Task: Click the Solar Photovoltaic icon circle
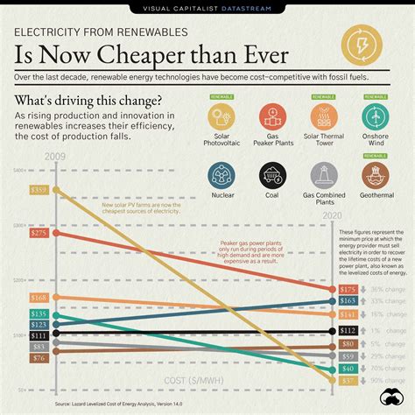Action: pos(225,118)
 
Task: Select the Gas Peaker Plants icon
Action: pos(276,118)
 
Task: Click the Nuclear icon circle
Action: pos(225,177)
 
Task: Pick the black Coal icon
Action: pos(276,177)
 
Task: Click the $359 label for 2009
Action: pos(39,189)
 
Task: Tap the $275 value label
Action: pos(39,234)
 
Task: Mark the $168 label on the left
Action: pos(39,298)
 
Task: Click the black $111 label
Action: pos(39,335)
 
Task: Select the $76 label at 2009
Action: pos(39,358)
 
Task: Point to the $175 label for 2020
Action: pos(348,289)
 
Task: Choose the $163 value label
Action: pos(348,300)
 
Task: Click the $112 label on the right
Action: pos(348,330)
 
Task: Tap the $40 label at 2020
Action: pos(348,369)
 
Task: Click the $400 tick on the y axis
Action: pos(18,170)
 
